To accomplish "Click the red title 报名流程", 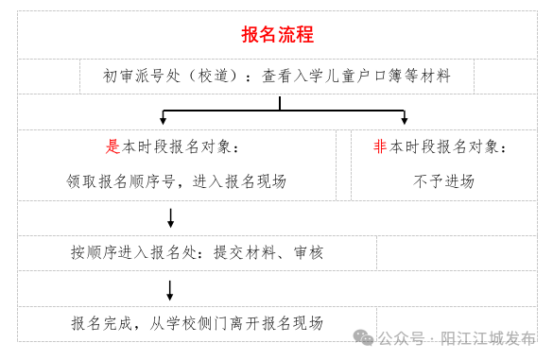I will point(277,35).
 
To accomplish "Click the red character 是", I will point(112,147).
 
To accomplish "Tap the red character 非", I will point(380,147).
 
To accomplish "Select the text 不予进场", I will point(443,181).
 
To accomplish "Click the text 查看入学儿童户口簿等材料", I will point(356,77).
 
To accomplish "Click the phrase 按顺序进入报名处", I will point(133,252).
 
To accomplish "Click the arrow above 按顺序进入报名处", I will point(170,219).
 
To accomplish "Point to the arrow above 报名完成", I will point(170,289).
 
